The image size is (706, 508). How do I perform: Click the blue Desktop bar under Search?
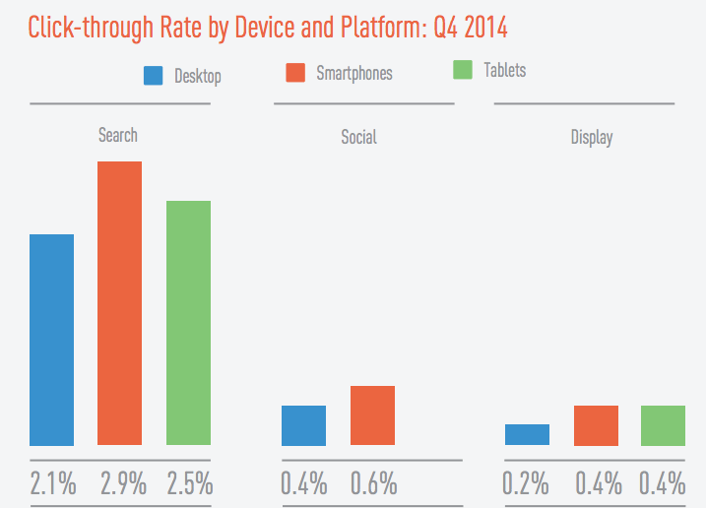(52, 340)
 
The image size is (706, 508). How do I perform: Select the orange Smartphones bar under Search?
(119, 303)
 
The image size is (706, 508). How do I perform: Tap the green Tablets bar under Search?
(188, 323)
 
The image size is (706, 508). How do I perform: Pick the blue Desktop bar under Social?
(303, 425)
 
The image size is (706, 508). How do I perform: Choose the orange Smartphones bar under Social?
(372, 415)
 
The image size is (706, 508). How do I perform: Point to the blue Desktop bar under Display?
(527, 434)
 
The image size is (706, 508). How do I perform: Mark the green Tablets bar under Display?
(663, 425)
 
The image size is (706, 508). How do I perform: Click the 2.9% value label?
(122, 483)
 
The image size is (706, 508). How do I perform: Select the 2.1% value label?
(52, 483)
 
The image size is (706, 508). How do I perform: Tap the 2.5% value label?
(189, 483)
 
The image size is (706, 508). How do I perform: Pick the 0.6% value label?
(373, 483)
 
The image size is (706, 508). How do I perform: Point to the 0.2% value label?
(526, 483)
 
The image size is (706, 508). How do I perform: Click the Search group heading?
(118, 135)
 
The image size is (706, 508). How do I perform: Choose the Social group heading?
(358, 137)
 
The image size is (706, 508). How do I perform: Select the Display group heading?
(592, 137)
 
